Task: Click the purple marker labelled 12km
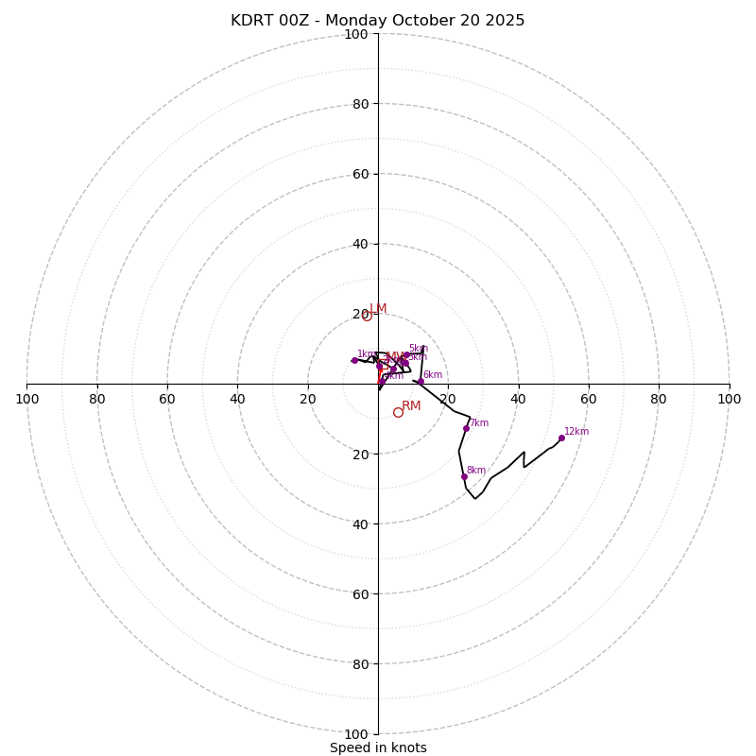(x=561, y=438)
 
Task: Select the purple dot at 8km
(x=464, y=476)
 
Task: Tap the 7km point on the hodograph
(x=466, y=428)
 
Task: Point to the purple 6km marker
(x=421, y=381)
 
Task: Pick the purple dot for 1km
(x=354, y=360)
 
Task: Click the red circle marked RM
(x=398, y=412)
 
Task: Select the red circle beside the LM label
(x=367, y=316)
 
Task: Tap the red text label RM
(x=411, y=406)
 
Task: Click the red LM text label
(x=378, y=309)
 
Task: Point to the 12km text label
(x=576, y=432)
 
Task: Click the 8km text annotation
(x=476, y=471)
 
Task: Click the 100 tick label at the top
(x=356, y=34)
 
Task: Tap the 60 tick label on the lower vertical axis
(x=360, y=593)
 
